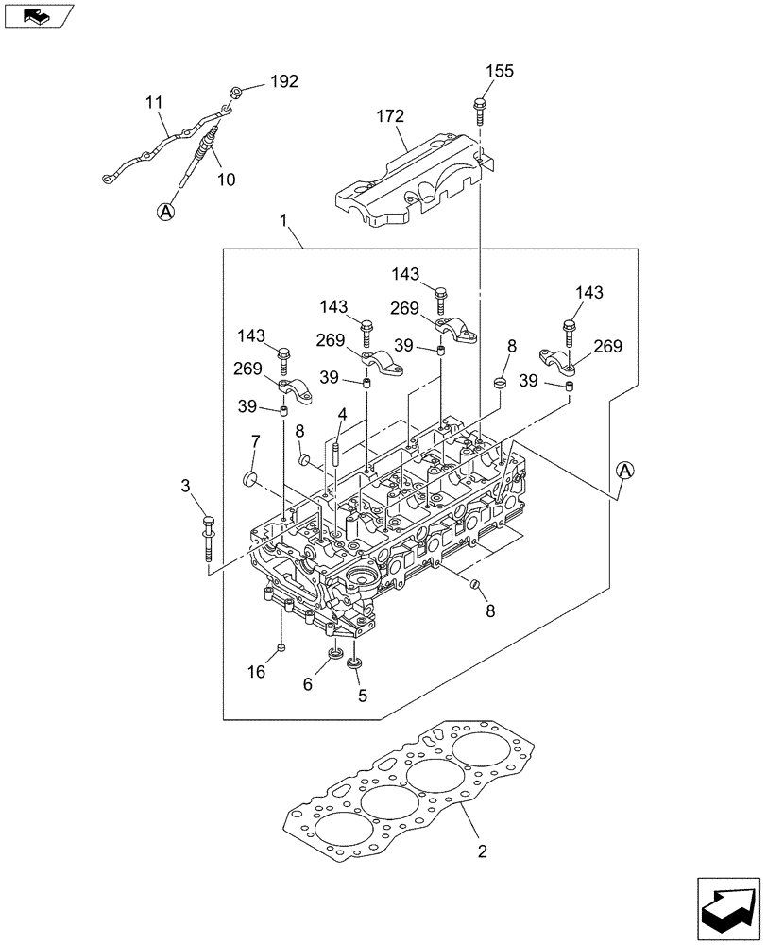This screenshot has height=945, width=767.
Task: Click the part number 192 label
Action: point(283,81)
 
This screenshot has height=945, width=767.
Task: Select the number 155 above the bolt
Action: point(500,72)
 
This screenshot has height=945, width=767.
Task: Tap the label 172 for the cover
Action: point(389,117)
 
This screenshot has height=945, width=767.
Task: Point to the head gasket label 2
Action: point(482,851)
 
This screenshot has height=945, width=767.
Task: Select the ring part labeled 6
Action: point(334,655)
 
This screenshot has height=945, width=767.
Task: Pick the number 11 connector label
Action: point(154,101)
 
